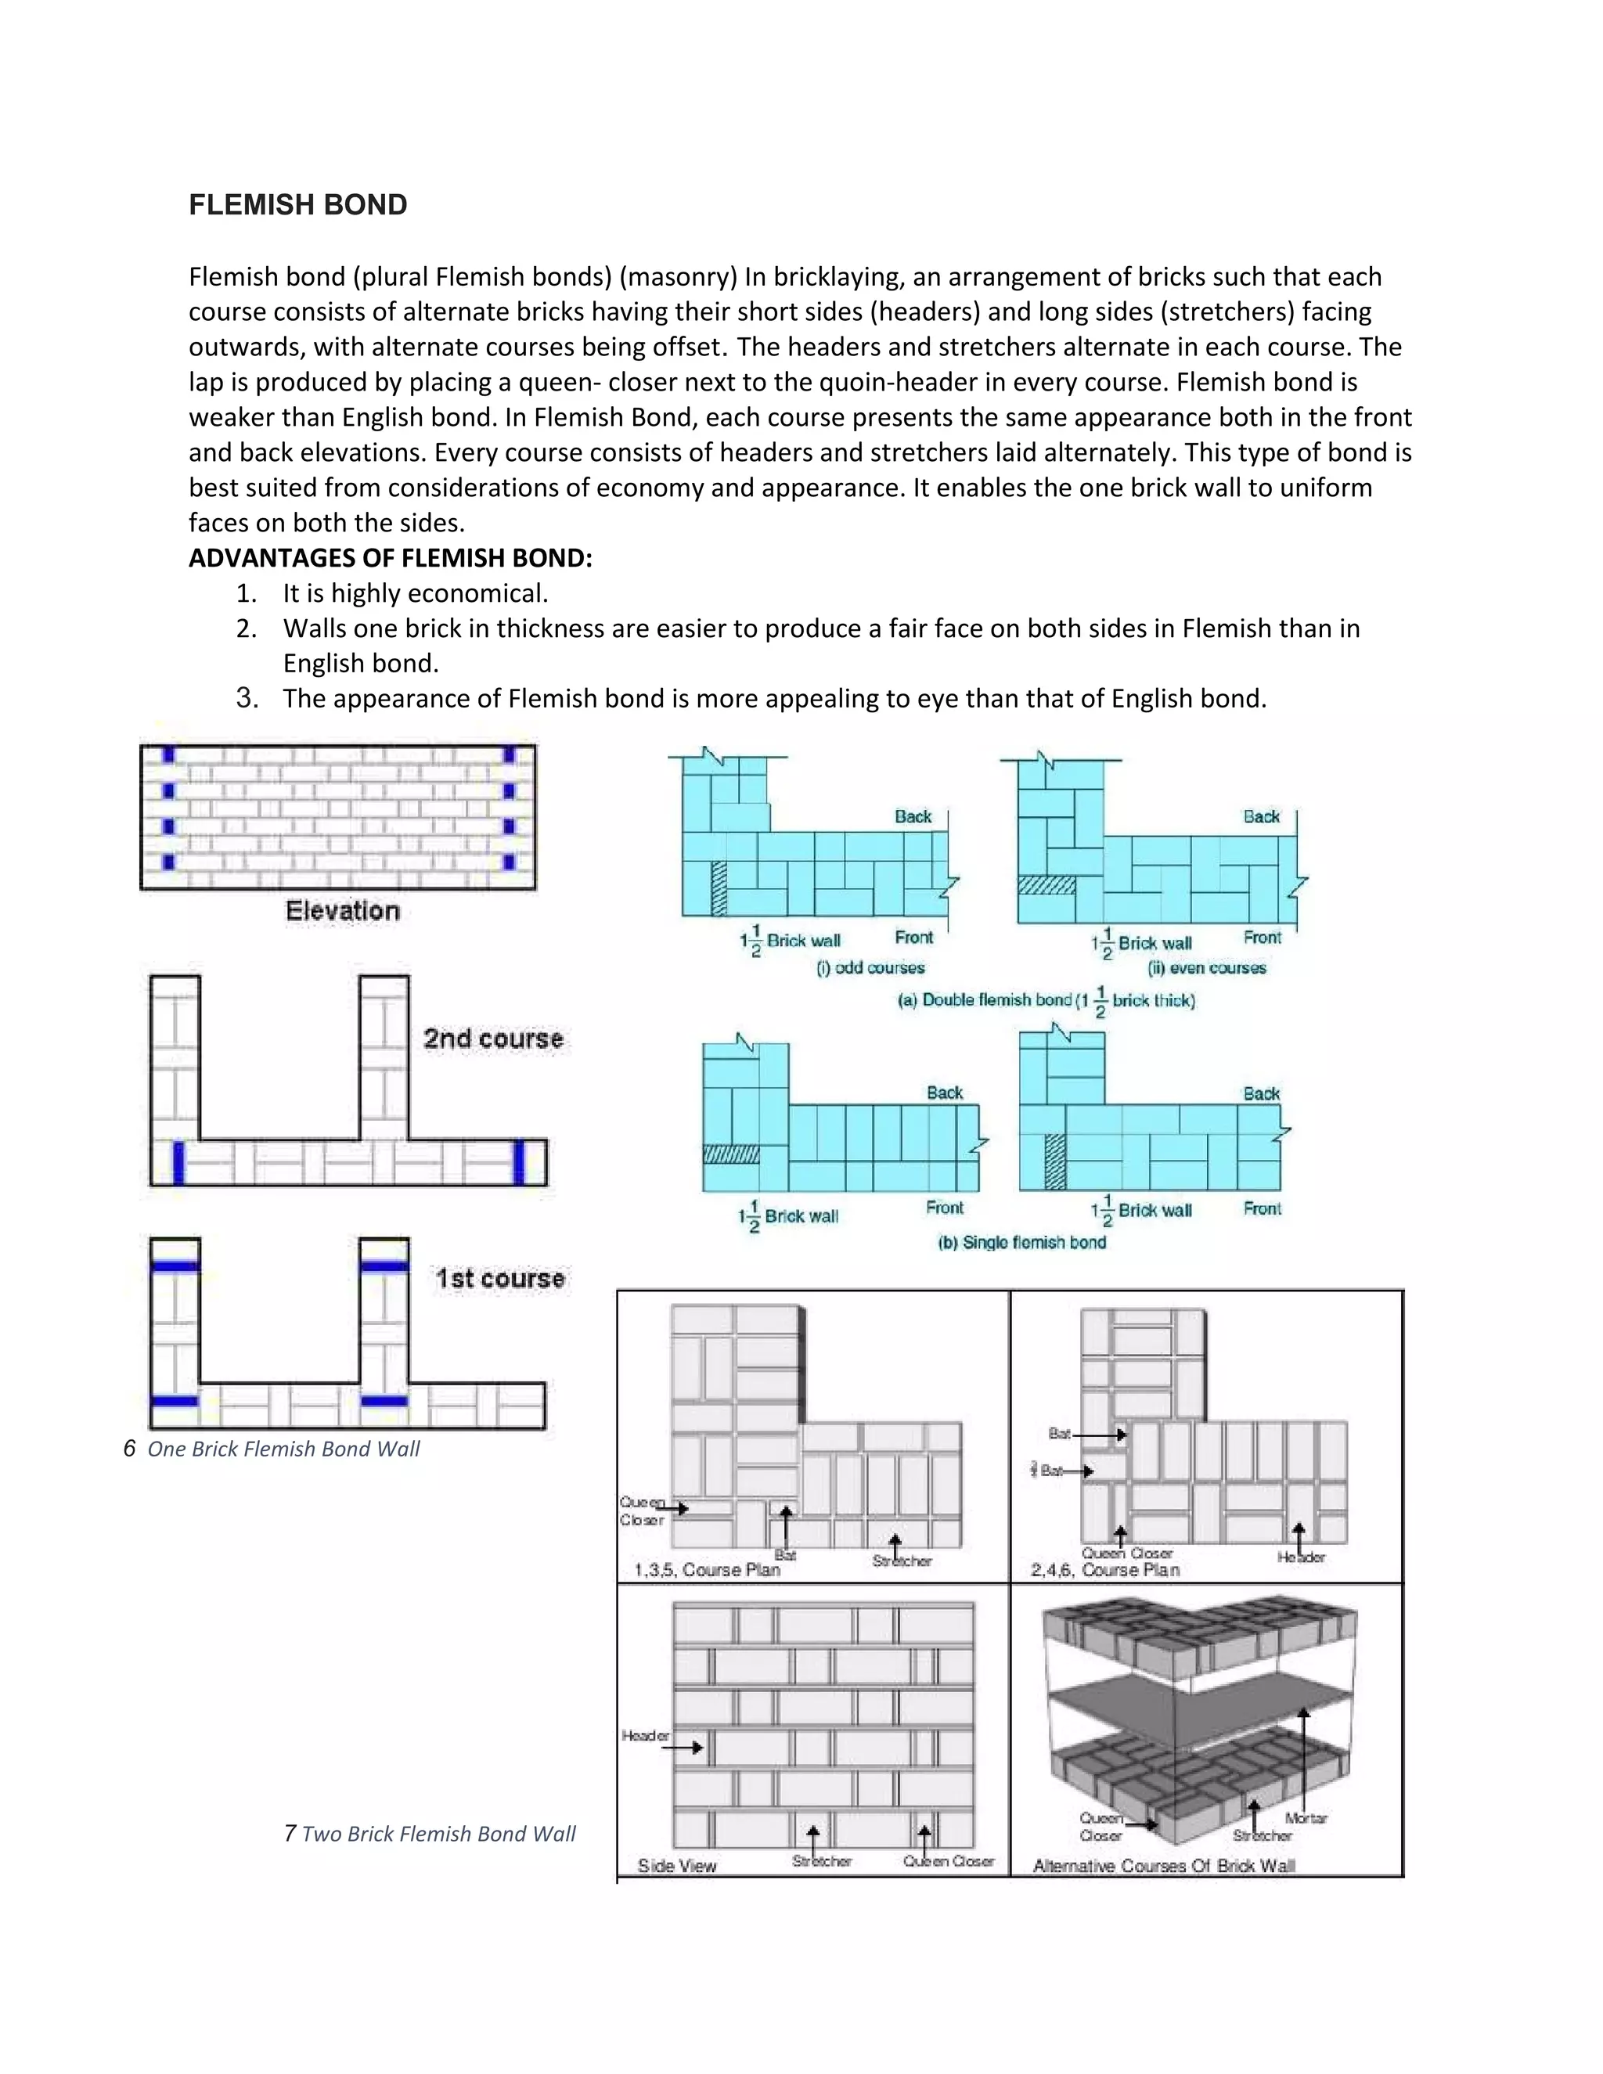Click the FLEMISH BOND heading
tap(297, 205)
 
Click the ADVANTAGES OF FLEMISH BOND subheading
tap(391, 558)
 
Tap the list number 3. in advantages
tap(247, 698)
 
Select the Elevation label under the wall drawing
tap(342, 911)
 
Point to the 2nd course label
tap(493, 1038)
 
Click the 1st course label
tap(499, 1278)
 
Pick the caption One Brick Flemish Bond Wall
tap(283, 1449)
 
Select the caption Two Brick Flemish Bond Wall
tap(438, 1834)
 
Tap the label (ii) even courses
tap(1206, 967)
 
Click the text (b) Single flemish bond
tap(1021, 1242)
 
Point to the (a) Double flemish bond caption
tap(1046, 1000)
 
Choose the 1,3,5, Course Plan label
tap(707, 1570)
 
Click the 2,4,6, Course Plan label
tap(1104, 1570)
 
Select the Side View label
tap(677, 1865)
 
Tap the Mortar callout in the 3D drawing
tap(1306, 1817)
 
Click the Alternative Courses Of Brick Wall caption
tap(1163, 1865)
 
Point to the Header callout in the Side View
tap(646, 1735)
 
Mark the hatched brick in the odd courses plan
tap(719, 889)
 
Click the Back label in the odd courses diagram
tap(913, 816)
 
